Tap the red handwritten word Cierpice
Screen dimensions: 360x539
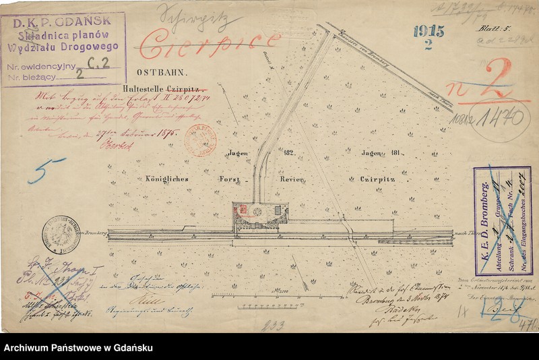coord(210,44)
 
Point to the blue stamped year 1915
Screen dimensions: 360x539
coord(429,31)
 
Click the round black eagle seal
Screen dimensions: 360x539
coord(61,234)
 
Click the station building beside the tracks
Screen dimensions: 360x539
coord(260,214)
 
